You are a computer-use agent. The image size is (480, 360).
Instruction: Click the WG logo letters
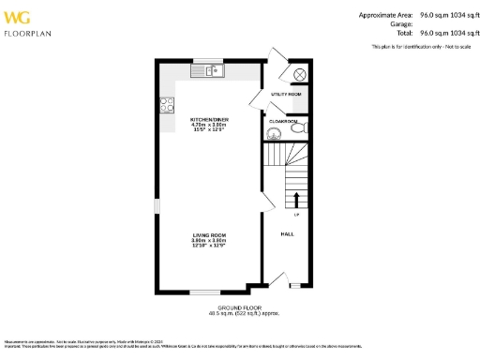point(18,16)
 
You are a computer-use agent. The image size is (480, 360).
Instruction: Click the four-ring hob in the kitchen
point(166,106)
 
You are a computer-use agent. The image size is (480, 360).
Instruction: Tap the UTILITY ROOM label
point(286,95)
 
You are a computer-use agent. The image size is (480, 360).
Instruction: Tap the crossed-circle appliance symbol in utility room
point(301,74)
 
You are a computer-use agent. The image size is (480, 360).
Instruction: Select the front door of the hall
point(277,278)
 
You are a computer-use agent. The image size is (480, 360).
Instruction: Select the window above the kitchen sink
point(205,62)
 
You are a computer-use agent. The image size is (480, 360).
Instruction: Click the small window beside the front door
point(295,284)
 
